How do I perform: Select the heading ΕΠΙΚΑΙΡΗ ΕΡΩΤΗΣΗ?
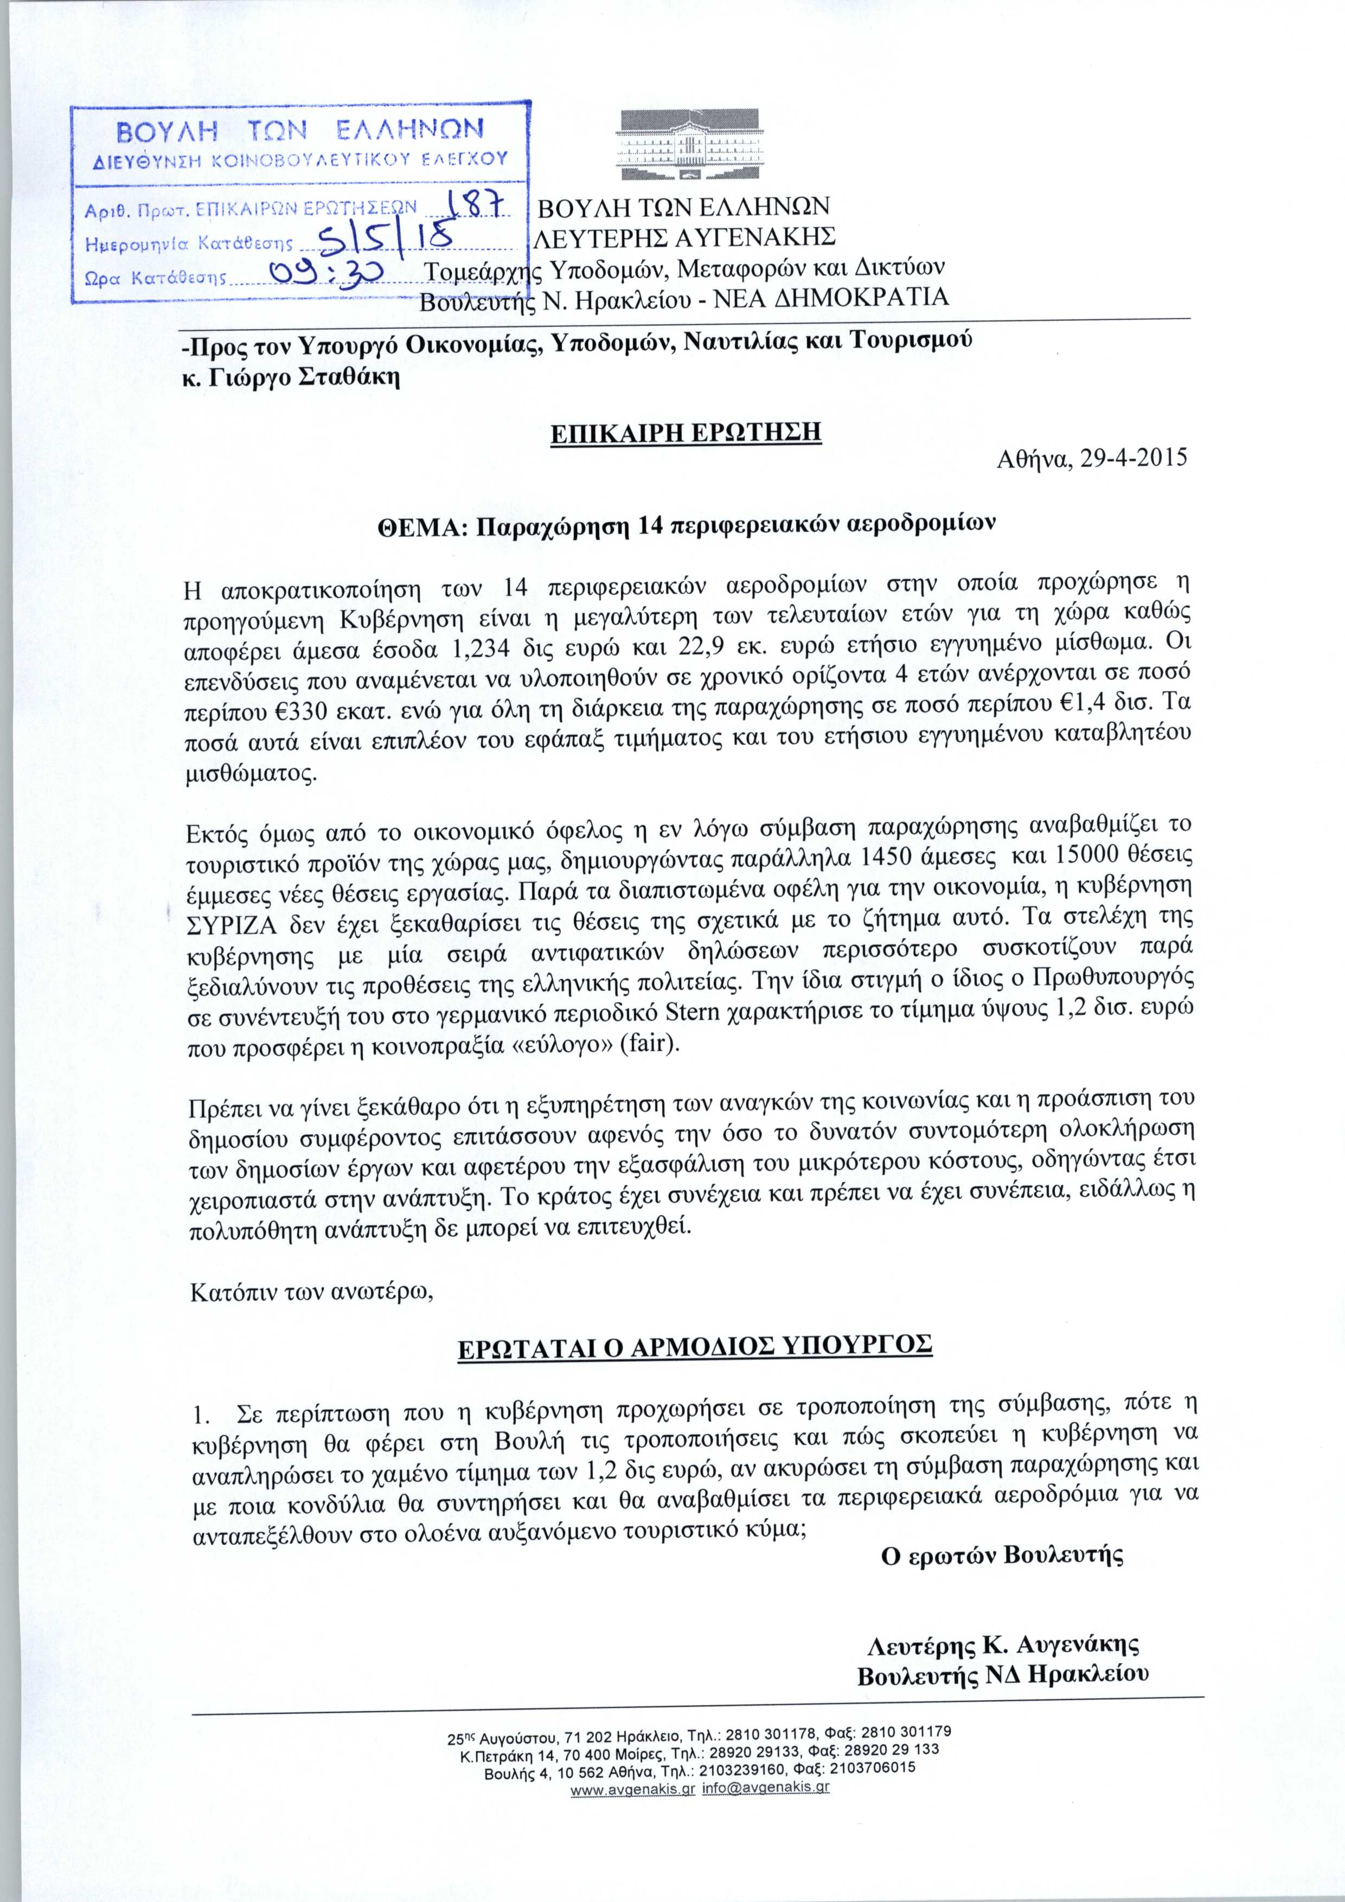point(686,434)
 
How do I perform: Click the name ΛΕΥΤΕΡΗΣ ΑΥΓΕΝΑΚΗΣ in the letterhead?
point(684,237)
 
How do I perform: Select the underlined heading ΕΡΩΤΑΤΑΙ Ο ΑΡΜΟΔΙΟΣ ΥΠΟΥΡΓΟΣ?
point(695,1345)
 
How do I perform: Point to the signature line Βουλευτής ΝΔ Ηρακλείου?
point(1003,1652)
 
